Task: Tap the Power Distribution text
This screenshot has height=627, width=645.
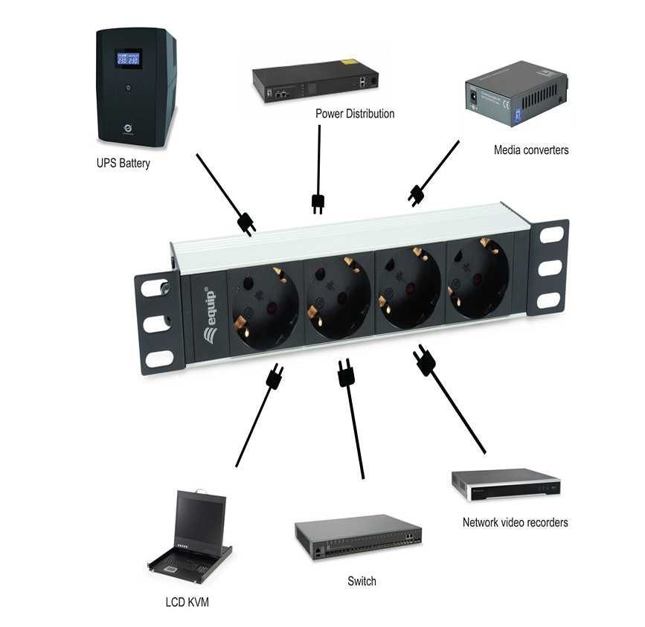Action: click(355, 114)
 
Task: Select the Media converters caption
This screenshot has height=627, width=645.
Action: click(531, 149)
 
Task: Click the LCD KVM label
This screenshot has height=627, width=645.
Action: click(187, 602)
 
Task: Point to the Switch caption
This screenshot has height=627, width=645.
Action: click(362, 581)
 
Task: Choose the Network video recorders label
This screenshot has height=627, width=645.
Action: click(515, 522)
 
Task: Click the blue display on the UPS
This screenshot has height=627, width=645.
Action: click(129, 59)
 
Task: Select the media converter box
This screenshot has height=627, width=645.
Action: click(516, 95)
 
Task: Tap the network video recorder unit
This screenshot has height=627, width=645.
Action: click(506, 484)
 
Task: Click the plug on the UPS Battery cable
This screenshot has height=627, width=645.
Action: click(246, 223)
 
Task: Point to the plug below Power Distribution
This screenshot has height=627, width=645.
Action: click(318, 203)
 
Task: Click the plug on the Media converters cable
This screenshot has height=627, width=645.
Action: click(416, 196)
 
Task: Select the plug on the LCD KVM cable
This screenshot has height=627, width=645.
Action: click(274, 379)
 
